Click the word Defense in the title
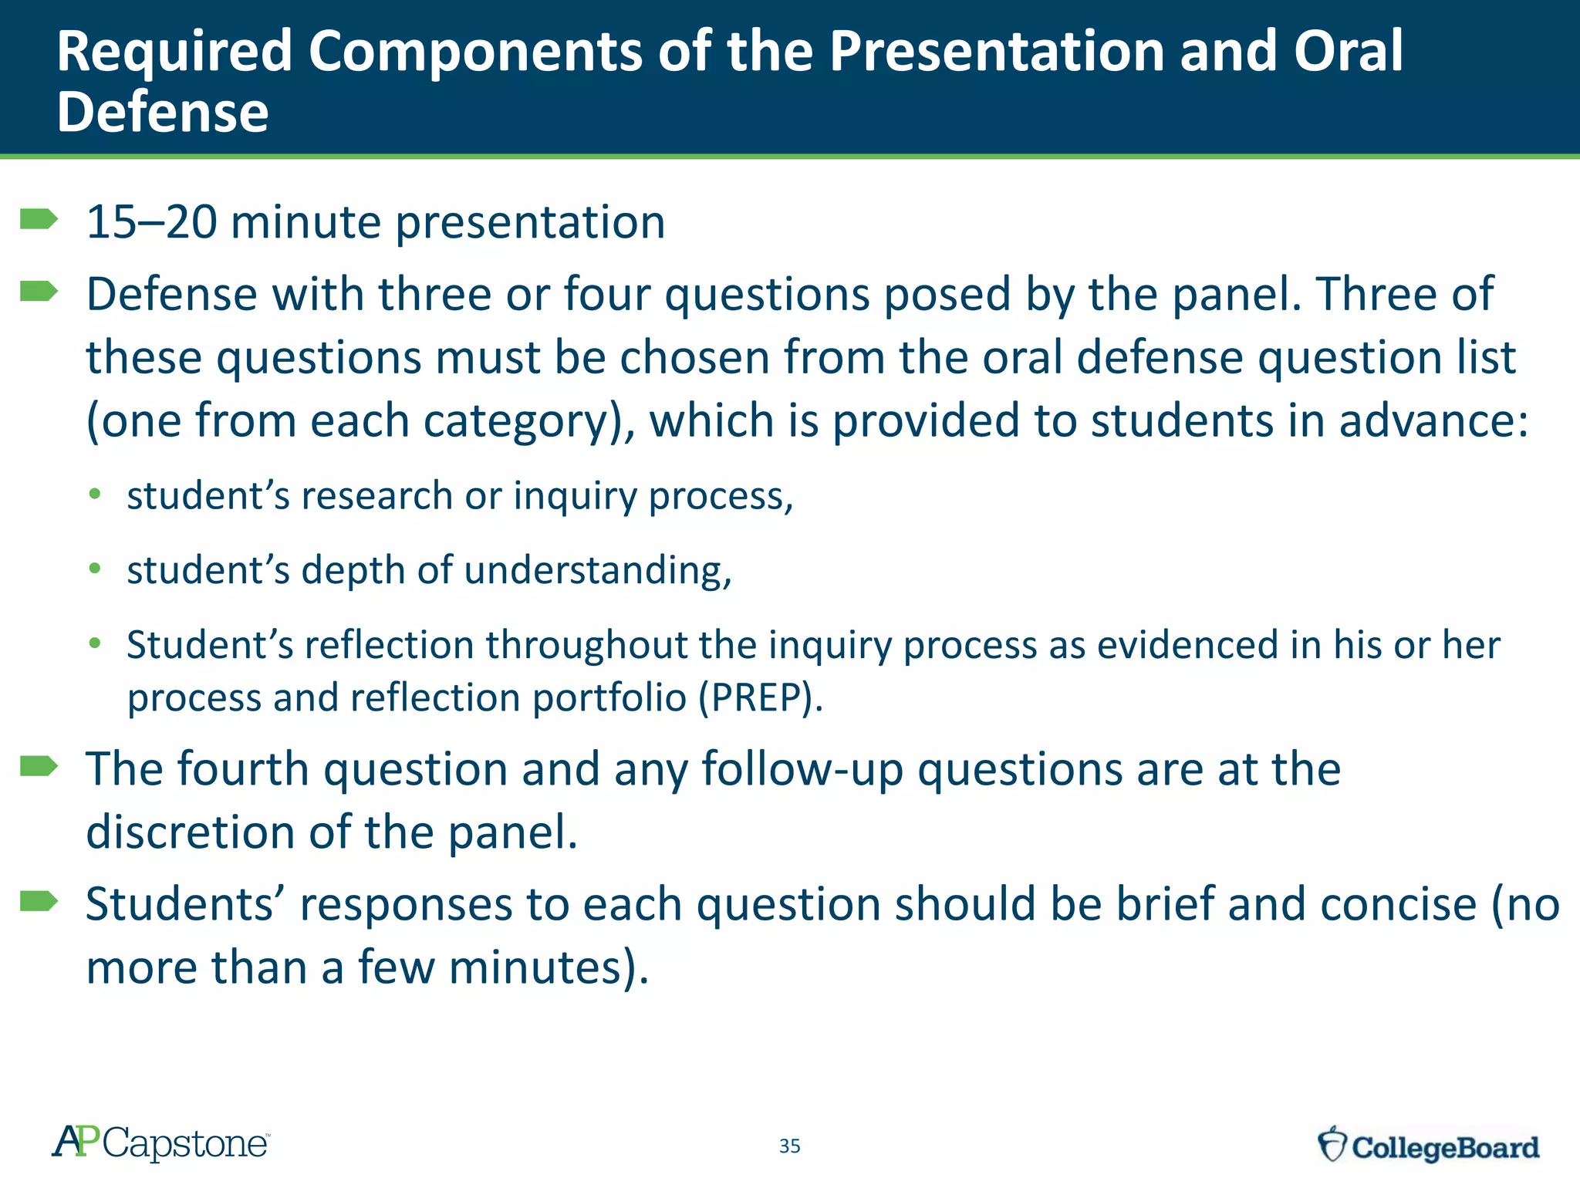pyautogui.click(x=163, y=113)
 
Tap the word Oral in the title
pyautogui.click(x=1348, y=52)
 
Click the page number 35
pyautogui.click(x=789, y=1146)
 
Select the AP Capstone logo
pyautogui.click(x=160, y=1143)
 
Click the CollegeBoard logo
pyautogui.click(x=1428, y=1146)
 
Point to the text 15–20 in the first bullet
pyautogui.click(x=151, y=223)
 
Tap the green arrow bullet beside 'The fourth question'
pyautogui.click(x=39, y=766)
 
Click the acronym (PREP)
pyautogui.click(x=761, y=698)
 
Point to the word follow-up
pyautogui.click(x=802, y=770)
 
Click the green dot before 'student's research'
pyautogui.click(x=95, y=495)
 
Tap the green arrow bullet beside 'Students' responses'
pyautogui.click(x=39, y=901)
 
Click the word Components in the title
pyautogui.click(x=475, y=52)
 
